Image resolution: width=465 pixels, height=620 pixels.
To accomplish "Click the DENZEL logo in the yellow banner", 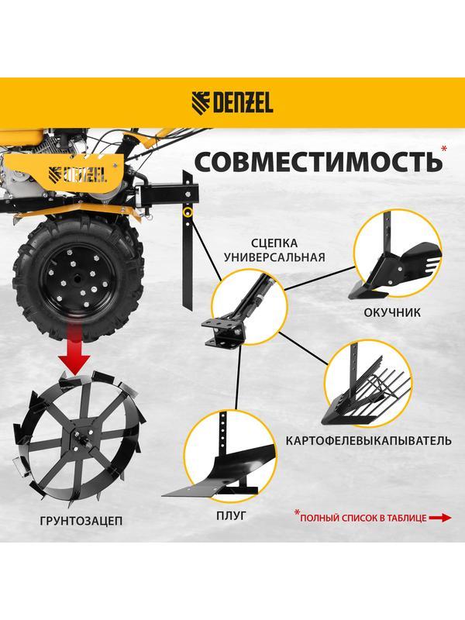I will click(232, 103).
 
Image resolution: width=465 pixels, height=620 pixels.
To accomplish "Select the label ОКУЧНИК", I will click(392, 314).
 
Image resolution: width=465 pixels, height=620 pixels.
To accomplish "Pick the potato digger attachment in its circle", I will click(363, 387).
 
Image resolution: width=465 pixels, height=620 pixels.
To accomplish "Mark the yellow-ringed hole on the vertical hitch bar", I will click(187, 212).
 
